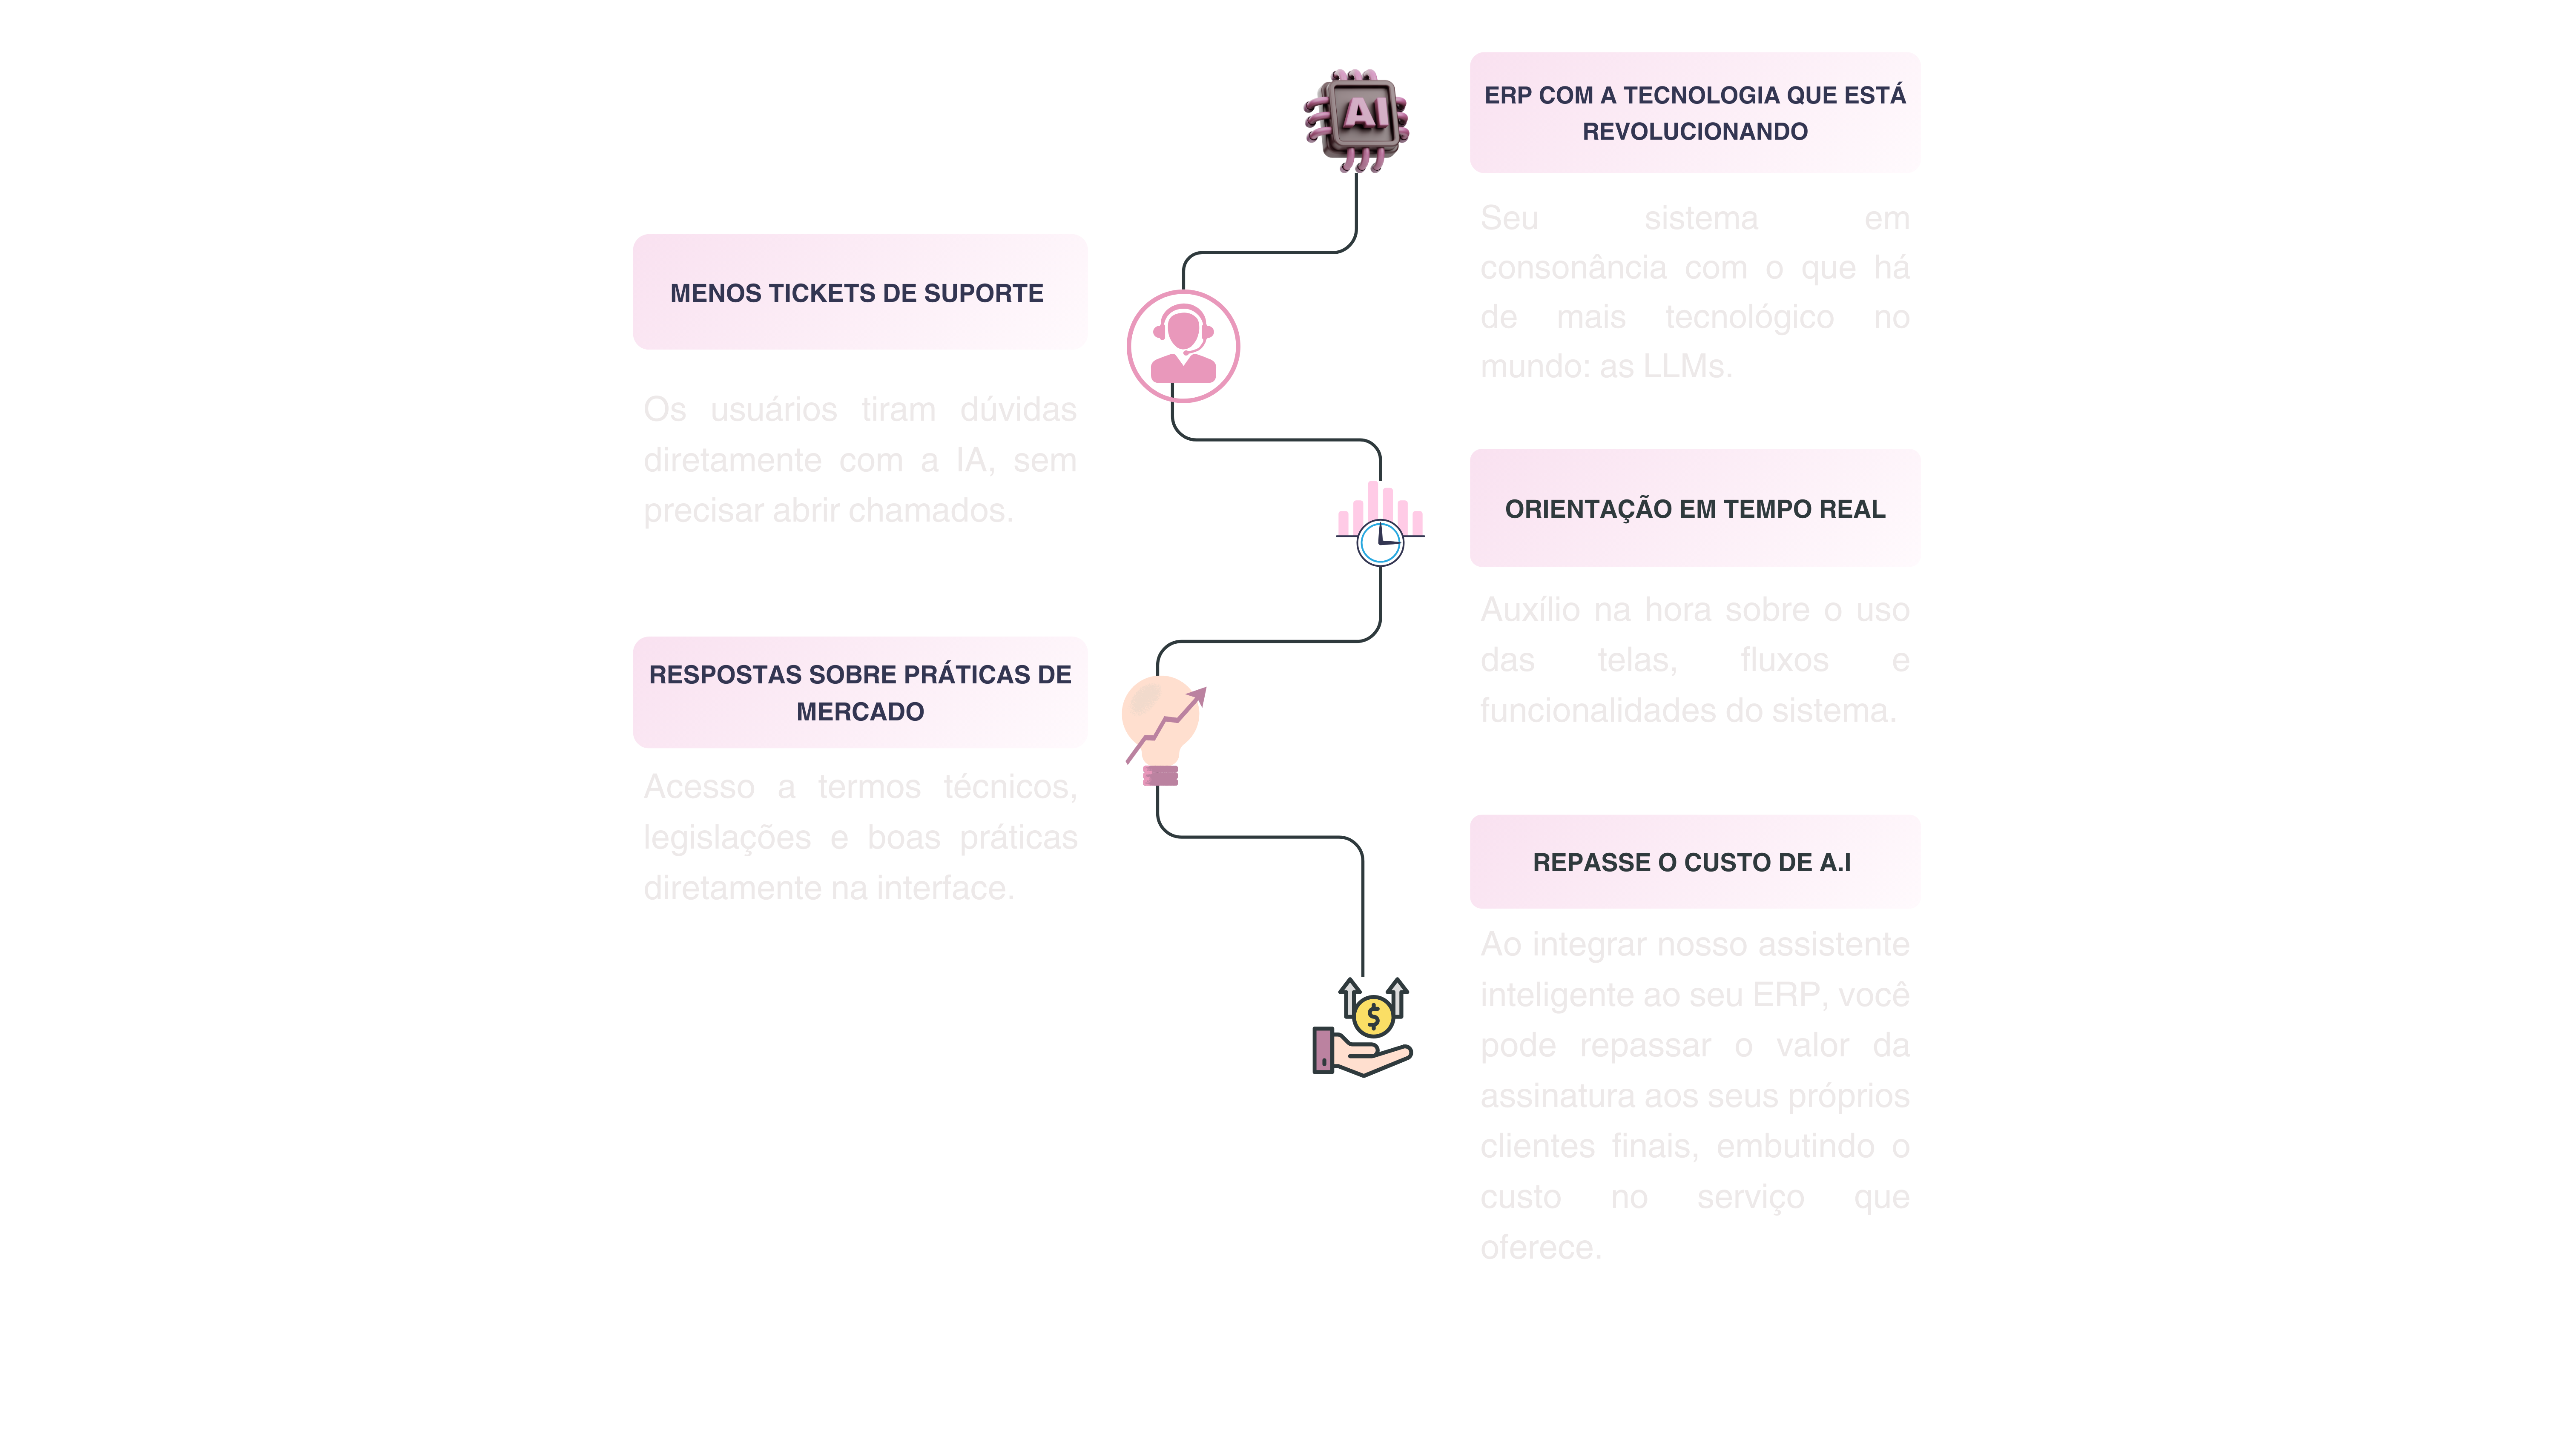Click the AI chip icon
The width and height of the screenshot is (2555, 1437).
(1356, 119)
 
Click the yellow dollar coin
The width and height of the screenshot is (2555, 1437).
(1374, 1015)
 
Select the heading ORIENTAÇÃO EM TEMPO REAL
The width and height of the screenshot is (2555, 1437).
(1694, 509)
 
